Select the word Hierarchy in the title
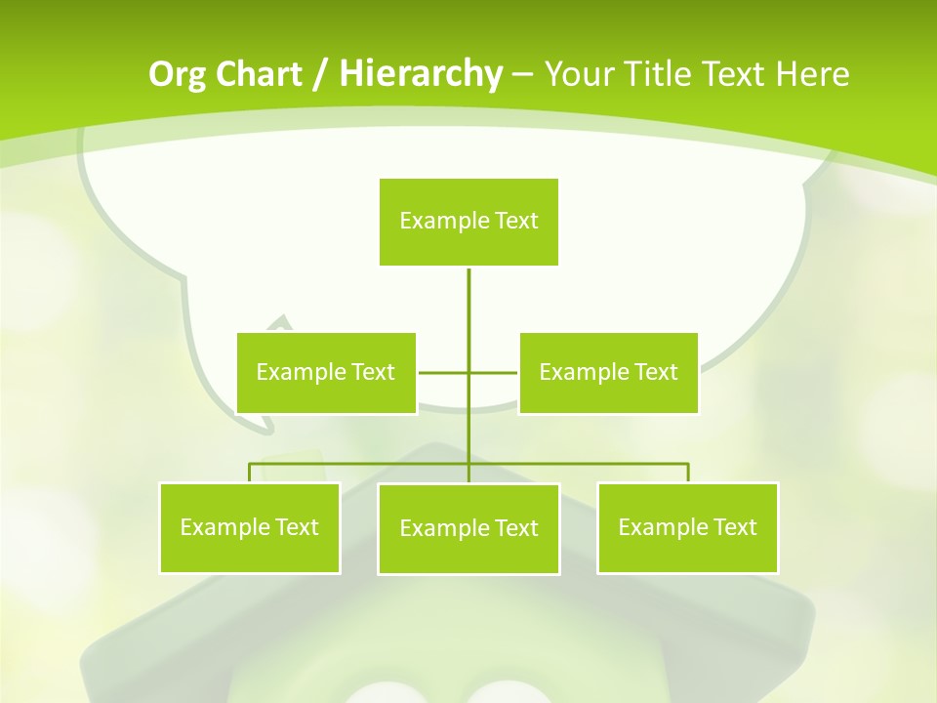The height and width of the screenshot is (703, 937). tap(420, 74)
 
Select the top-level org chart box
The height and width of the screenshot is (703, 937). tap(468, 222)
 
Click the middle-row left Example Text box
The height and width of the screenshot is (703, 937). tap(326, 372)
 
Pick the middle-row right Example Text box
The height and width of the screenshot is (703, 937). tap(608, 372)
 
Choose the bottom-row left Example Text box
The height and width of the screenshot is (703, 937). tap(249, 527)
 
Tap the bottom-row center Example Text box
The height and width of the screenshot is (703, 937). tap(468, 528)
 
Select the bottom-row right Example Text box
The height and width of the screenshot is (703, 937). tap(687, 527)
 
